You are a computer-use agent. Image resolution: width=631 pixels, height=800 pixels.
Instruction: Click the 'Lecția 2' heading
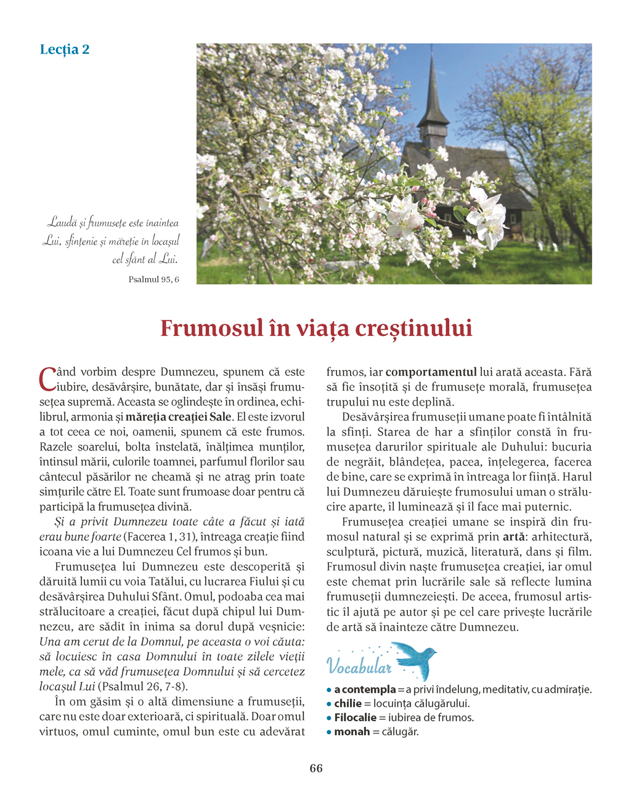[x=65, y=49]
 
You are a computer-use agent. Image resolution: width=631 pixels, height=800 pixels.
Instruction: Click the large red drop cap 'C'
[x=47, y=379]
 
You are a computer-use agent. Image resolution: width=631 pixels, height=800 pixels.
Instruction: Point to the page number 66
[x=316, y=768]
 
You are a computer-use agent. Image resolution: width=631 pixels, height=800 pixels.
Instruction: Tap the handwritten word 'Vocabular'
[x=359, y=666]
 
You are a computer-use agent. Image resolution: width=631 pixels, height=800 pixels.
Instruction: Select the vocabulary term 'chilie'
[x=348, y=703]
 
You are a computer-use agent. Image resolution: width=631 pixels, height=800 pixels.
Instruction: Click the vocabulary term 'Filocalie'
[x=356, y=717]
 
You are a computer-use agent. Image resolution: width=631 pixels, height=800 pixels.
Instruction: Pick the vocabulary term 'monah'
[x=352, y=732]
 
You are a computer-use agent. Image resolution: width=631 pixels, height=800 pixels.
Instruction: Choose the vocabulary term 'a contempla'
[x=365, y=689]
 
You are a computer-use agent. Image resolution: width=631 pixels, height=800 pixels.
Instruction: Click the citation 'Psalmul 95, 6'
[x=154, y=279]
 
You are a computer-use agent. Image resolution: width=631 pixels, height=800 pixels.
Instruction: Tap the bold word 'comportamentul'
[x=431, y=372]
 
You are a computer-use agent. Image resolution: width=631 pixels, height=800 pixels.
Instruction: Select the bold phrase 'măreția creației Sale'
[x=179, y=417]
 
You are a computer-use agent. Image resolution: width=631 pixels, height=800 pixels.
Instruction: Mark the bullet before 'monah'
[x=329, y=732]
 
